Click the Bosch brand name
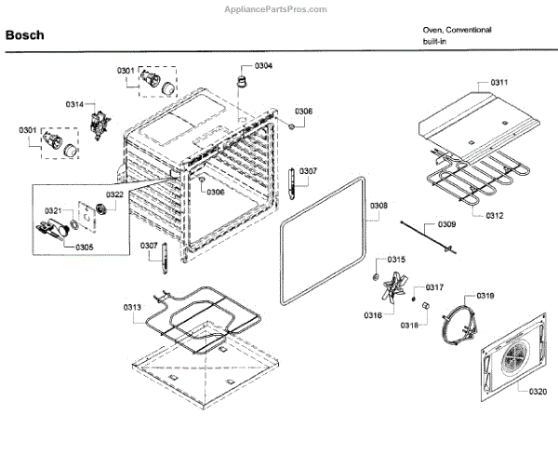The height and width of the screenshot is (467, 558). pyautogui.click(x=26, y=35)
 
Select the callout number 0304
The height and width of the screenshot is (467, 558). pyautogui.click(x=264, y=65)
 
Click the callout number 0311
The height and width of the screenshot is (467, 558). pyautogui.click(x=499, y=83)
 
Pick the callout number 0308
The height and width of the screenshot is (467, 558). pyautogui.click(x=379, y=206)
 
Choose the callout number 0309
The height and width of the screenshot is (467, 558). pyautogui.click(x=446, y=224)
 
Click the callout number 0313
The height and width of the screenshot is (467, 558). pyautogui.click(x=132, y=307)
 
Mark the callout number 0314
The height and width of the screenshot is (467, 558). pyautogui.click(x=74, y=105)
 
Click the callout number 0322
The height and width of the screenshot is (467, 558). pyautogui.click(x=114, y=194)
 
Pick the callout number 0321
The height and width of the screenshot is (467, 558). pyautogui.click(x=52, y=210)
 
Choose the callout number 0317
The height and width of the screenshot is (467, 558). pyautogui.click(x=434, y=287)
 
